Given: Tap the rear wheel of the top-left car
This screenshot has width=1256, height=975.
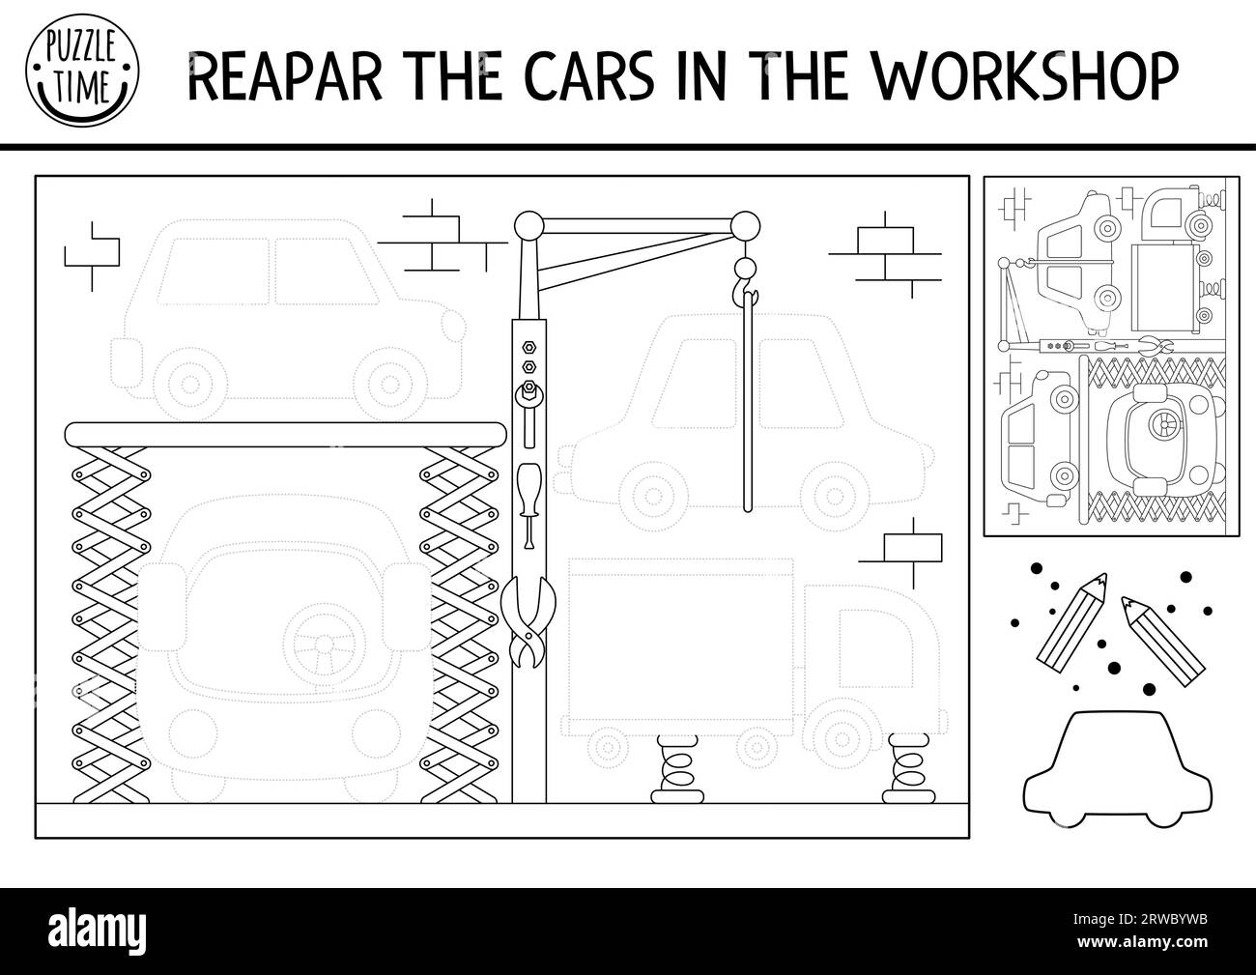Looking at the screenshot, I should (x=190, y=384).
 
